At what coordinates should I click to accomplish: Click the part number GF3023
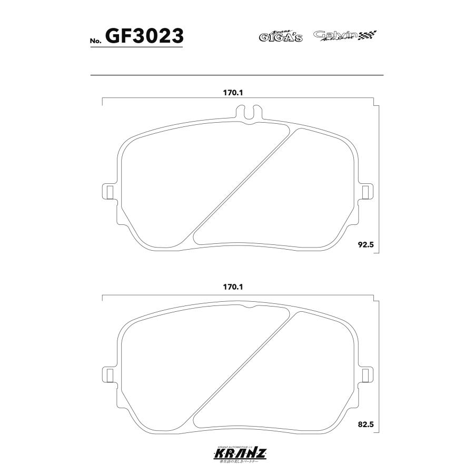144,36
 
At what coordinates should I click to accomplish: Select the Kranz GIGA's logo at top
280,36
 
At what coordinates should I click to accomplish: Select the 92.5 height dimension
365,245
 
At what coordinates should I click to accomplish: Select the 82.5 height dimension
365,424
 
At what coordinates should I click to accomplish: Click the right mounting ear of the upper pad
365,191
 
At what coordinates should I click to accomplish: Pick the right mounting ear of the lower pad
365,376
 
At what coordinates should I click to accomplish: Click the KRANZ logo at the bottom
237,452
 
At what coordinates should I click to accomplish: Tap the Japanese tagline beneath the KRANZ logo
237,461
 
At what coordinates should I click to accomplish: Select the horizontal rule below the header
237,75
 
